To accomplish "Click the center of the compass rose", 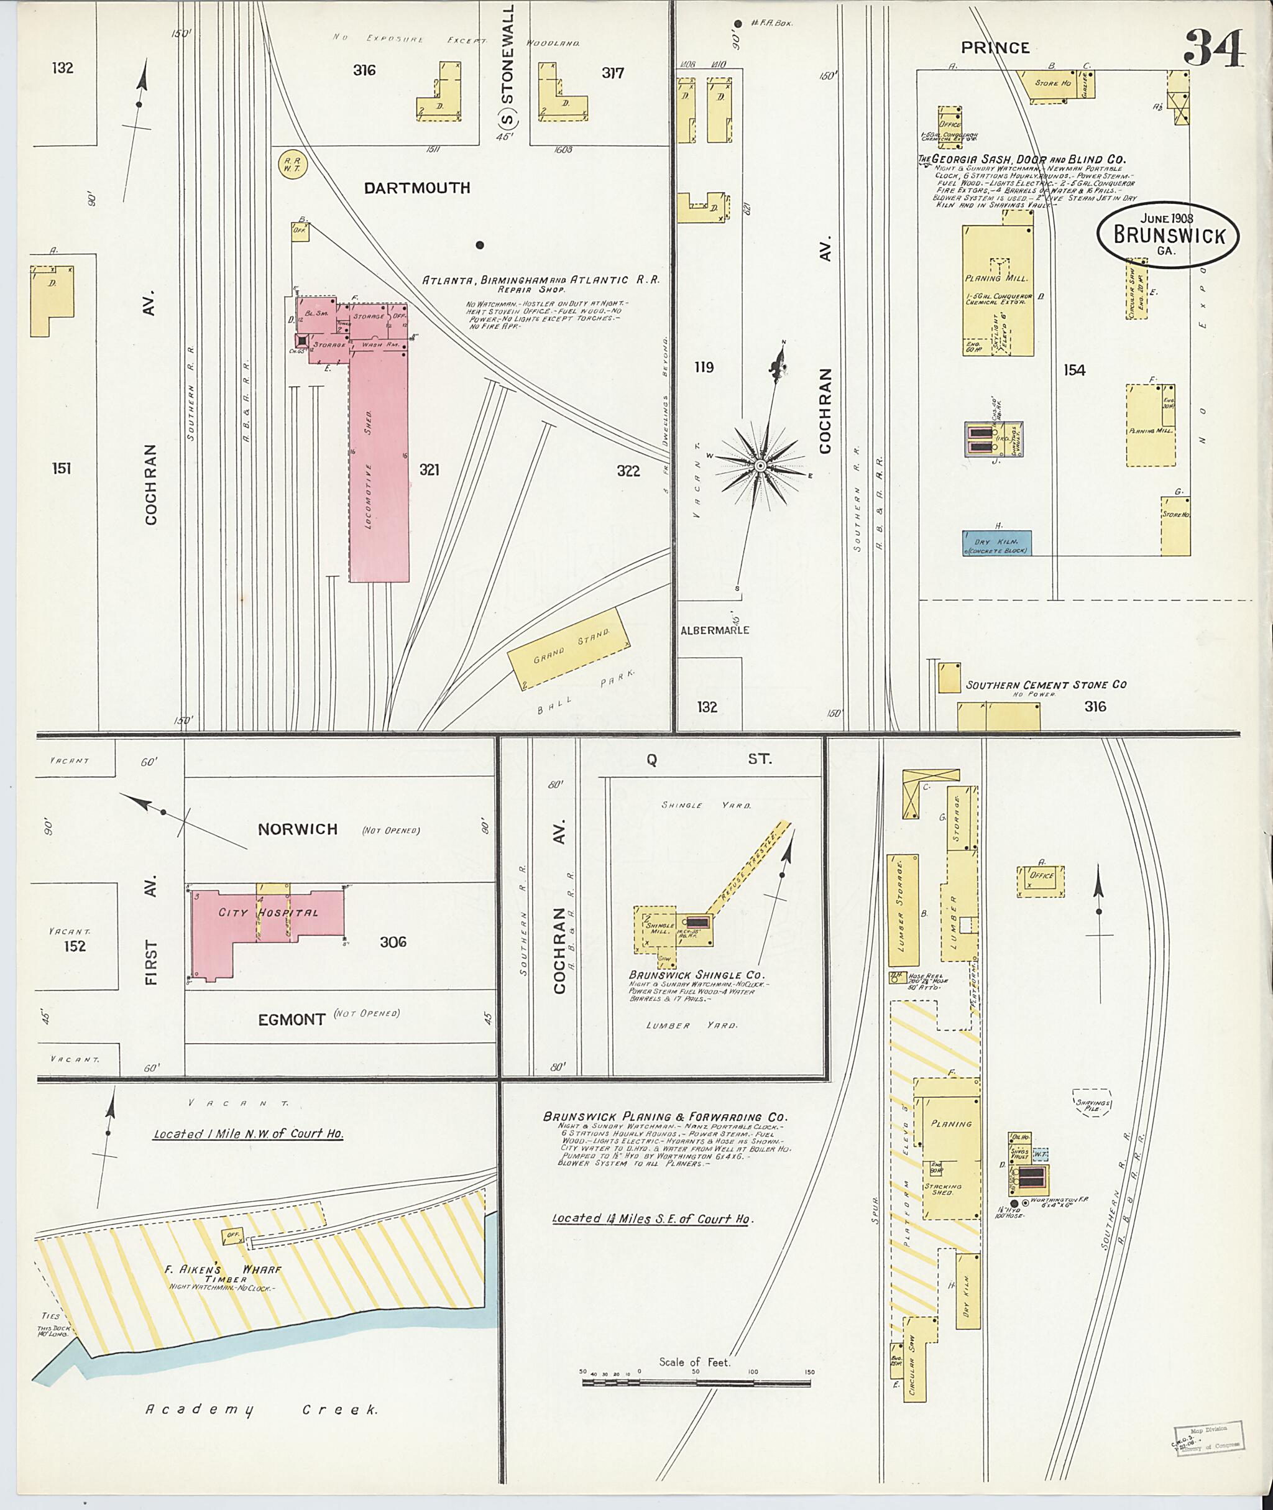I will pyautogui.click(x=760, y=467).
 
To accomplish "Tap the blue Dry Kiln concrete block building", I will pyautogui.click(x=996, y=543).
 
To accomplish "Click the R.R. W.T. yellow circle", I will pyautogui.click(x=290, y=163).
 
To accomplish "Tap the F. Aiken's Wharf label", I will pyautogui.click(x=223, y=1269).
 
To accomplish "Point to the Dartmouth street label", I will pyautogui.click(x=416, y=188).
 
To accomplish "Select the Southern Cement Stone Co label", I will pyautogui.click(x=1046, y=684).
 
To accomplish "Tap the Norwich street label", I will pyautogui.click(x=297, y=829).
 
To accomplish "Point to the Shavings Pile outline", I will pyautogui.click(x=1092, y=1103).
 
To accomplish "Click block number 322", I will pyautogui.click(x=628, y=471).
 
